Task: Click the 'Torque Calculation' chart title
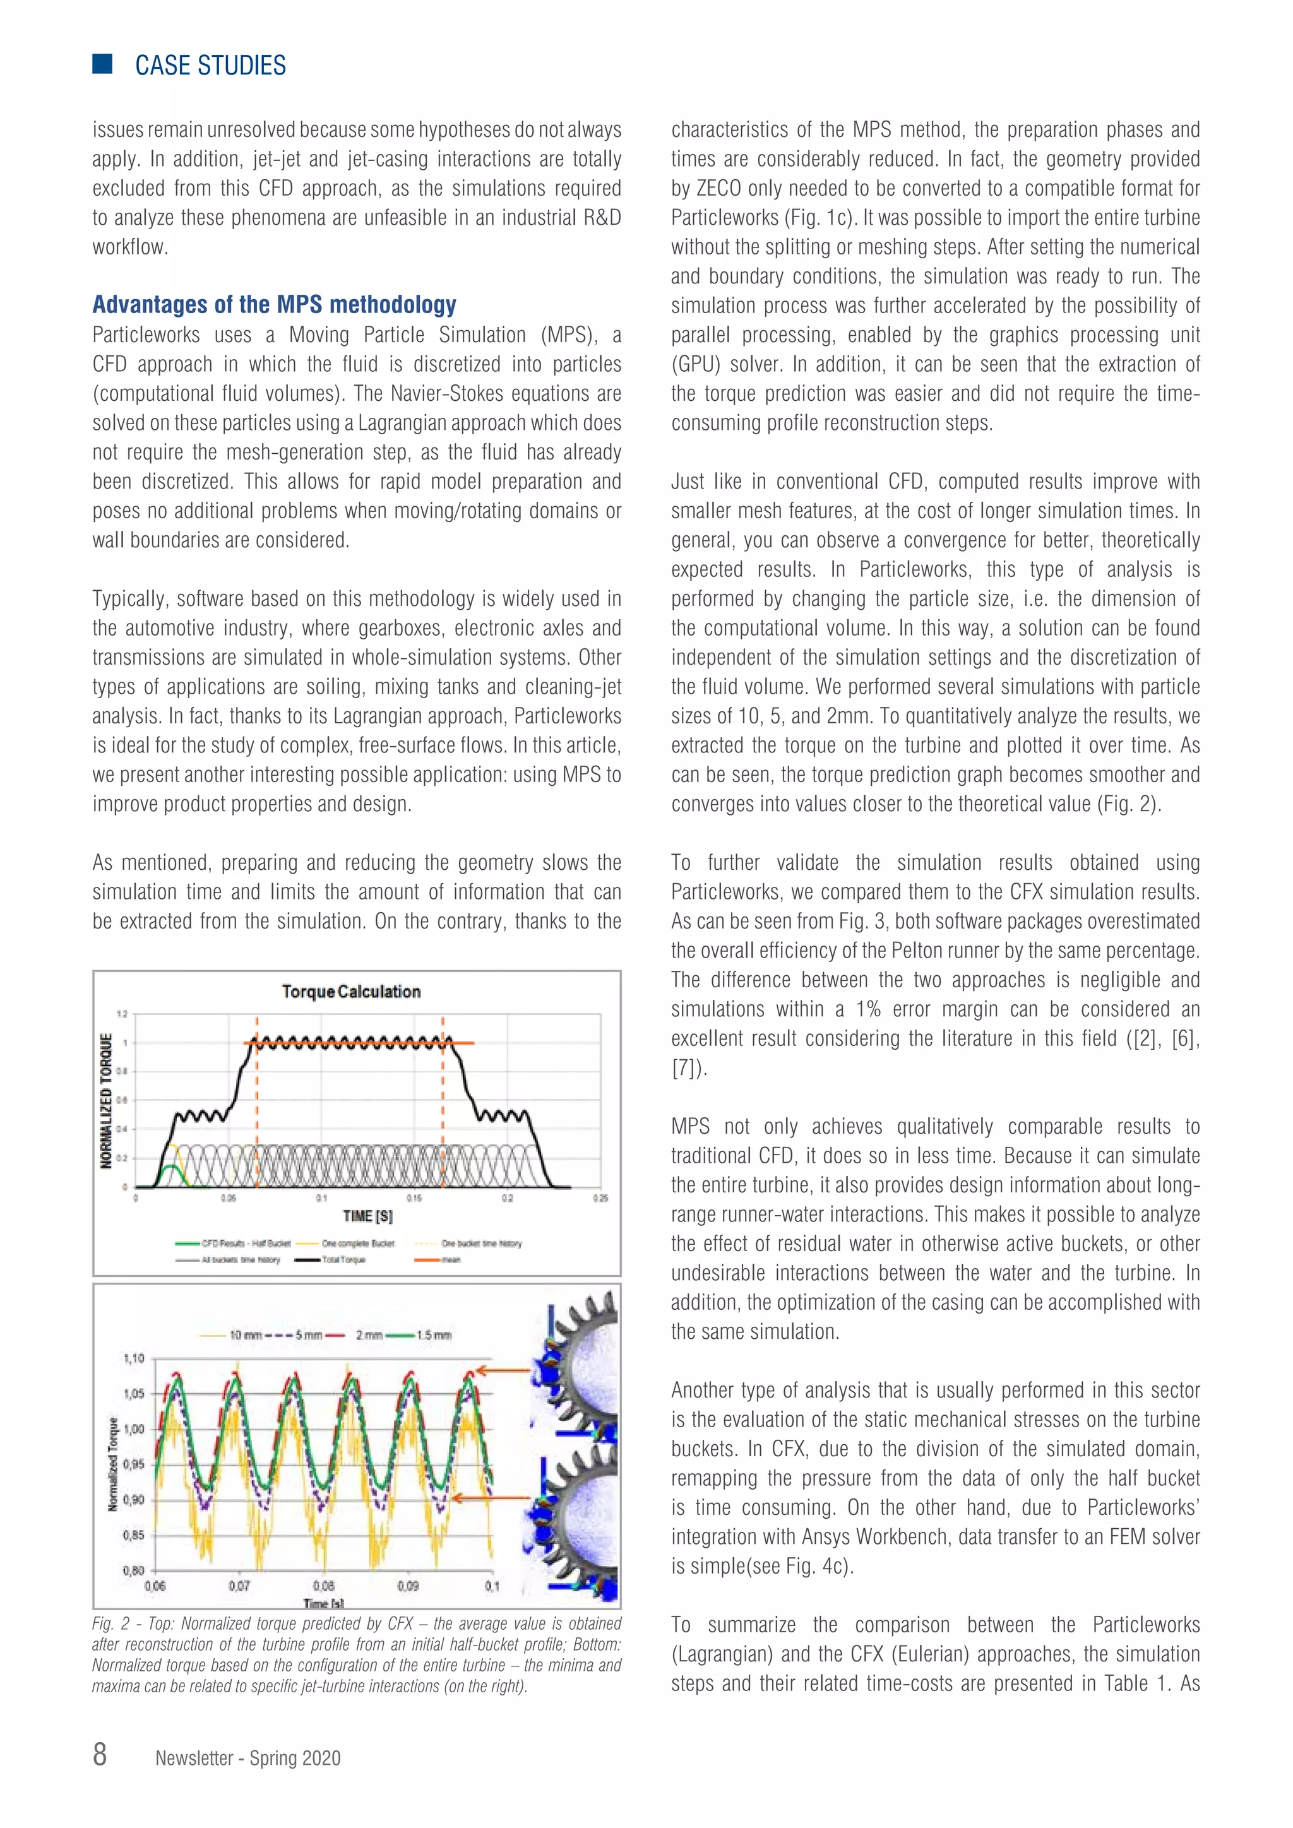351,991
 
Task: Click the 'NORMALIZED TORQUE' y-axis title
106,1100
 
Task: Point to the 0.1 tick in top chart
321,1197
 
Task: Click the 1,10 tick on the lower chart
133,1358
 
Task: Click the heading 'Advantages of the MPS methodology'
274,304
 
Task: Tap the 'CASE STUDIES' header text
210,65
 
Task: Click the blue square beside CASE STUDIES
102,64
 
